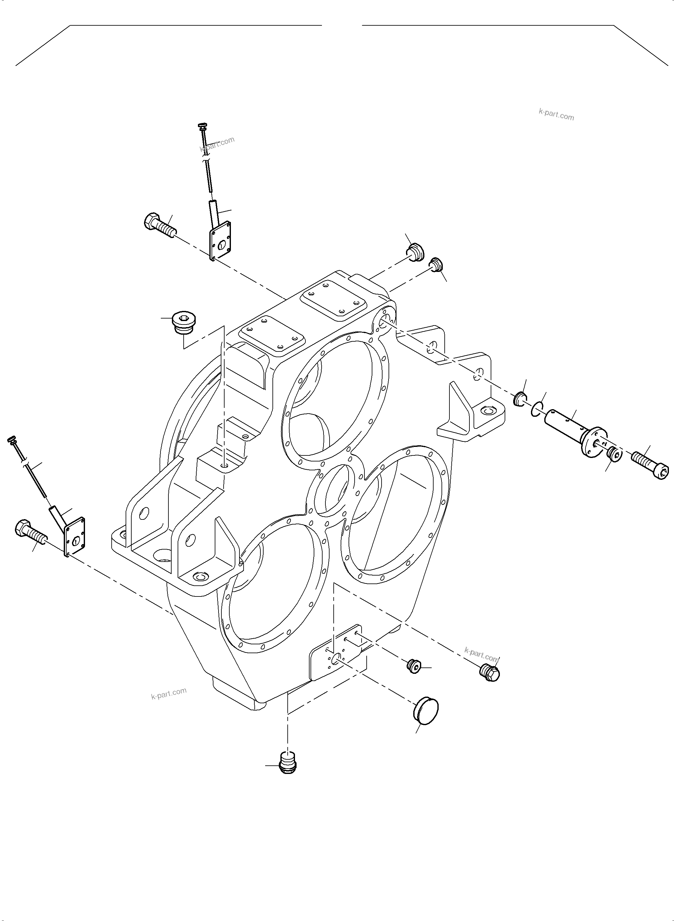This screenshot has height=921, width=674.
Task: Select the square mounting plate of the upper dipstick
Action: click(220, 241)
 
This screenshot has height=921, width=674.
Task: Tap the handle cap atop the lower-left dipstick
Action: click(12, 440)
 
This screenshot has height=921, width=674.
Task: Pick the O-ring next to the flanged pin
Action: click(537, 409)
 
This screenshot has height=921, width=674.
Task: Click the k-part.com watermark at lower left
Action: click(168, 693)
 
